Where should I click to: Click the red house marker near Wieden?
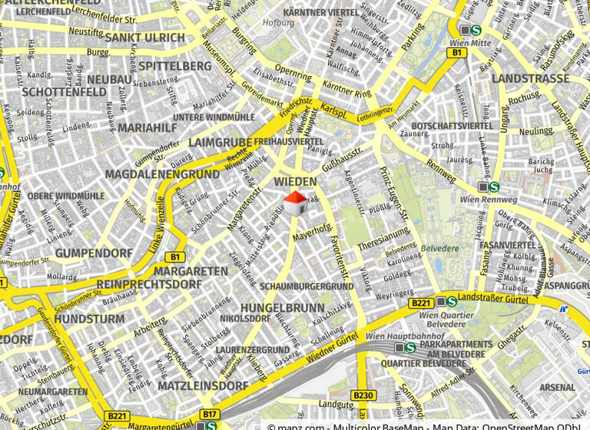coord(296,203)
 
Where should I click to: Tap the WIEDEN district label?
coord(295,181)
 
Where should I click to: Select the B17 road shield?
coord(208,415)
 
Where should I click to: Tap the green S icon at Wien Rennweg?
coord(494,187)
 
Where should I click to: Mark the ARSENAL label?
coord(557,388)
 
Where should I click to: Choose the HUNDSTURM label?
coord(89,318)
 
